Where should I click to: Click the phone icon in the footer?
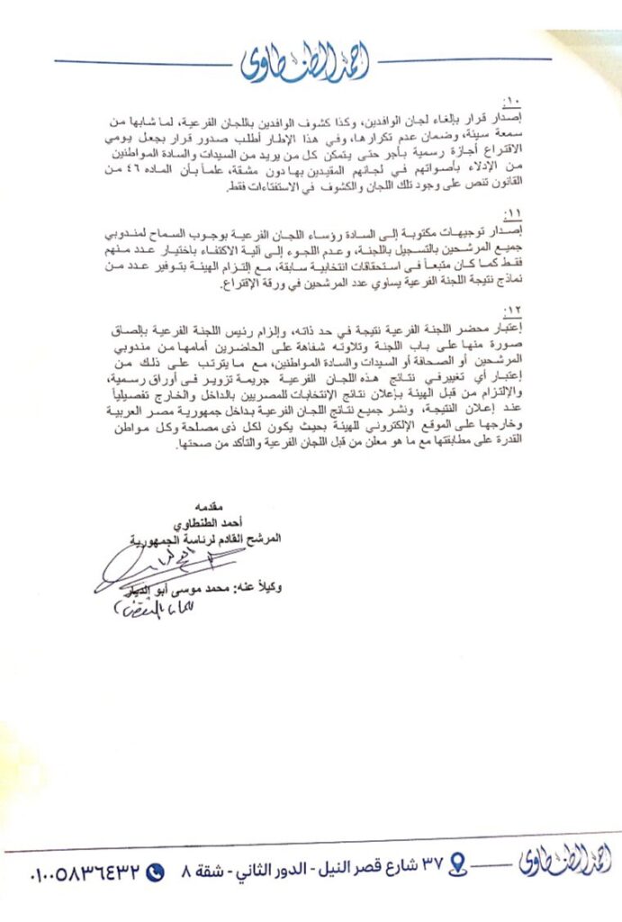[155, 872]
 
